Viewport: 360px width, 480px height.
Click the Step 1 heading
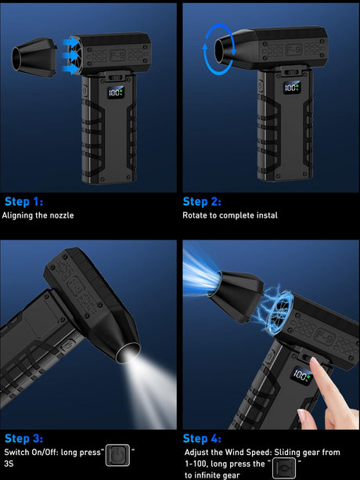23,202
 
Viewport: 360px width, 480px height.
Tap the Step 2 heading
202,202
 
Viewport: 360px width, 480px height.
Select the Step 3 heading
23,438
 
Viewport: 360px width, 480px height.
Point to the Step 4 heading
202,438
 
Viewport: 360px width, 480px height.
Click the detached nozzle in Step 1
34,56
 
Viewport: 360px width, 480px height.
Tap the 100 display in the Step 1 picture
115,92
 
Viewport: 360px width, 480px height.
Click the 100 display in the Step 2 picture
291,88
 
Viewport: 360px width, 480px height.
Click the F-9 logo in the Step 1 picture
117,55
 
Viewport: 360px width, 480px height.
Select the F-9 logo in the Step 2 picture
294,49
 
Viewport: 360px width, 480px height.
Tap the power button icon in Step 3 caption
117,455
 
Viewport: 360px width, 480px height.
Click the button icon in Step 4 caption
284,468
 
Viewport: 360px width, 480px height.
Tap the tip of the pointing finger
313,360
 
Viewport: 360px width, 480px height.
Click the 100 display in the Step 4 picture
301,375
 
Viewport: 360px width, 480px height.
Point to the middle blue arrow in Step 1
70,56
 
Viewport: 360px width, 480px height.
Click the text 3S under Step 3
9,464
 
